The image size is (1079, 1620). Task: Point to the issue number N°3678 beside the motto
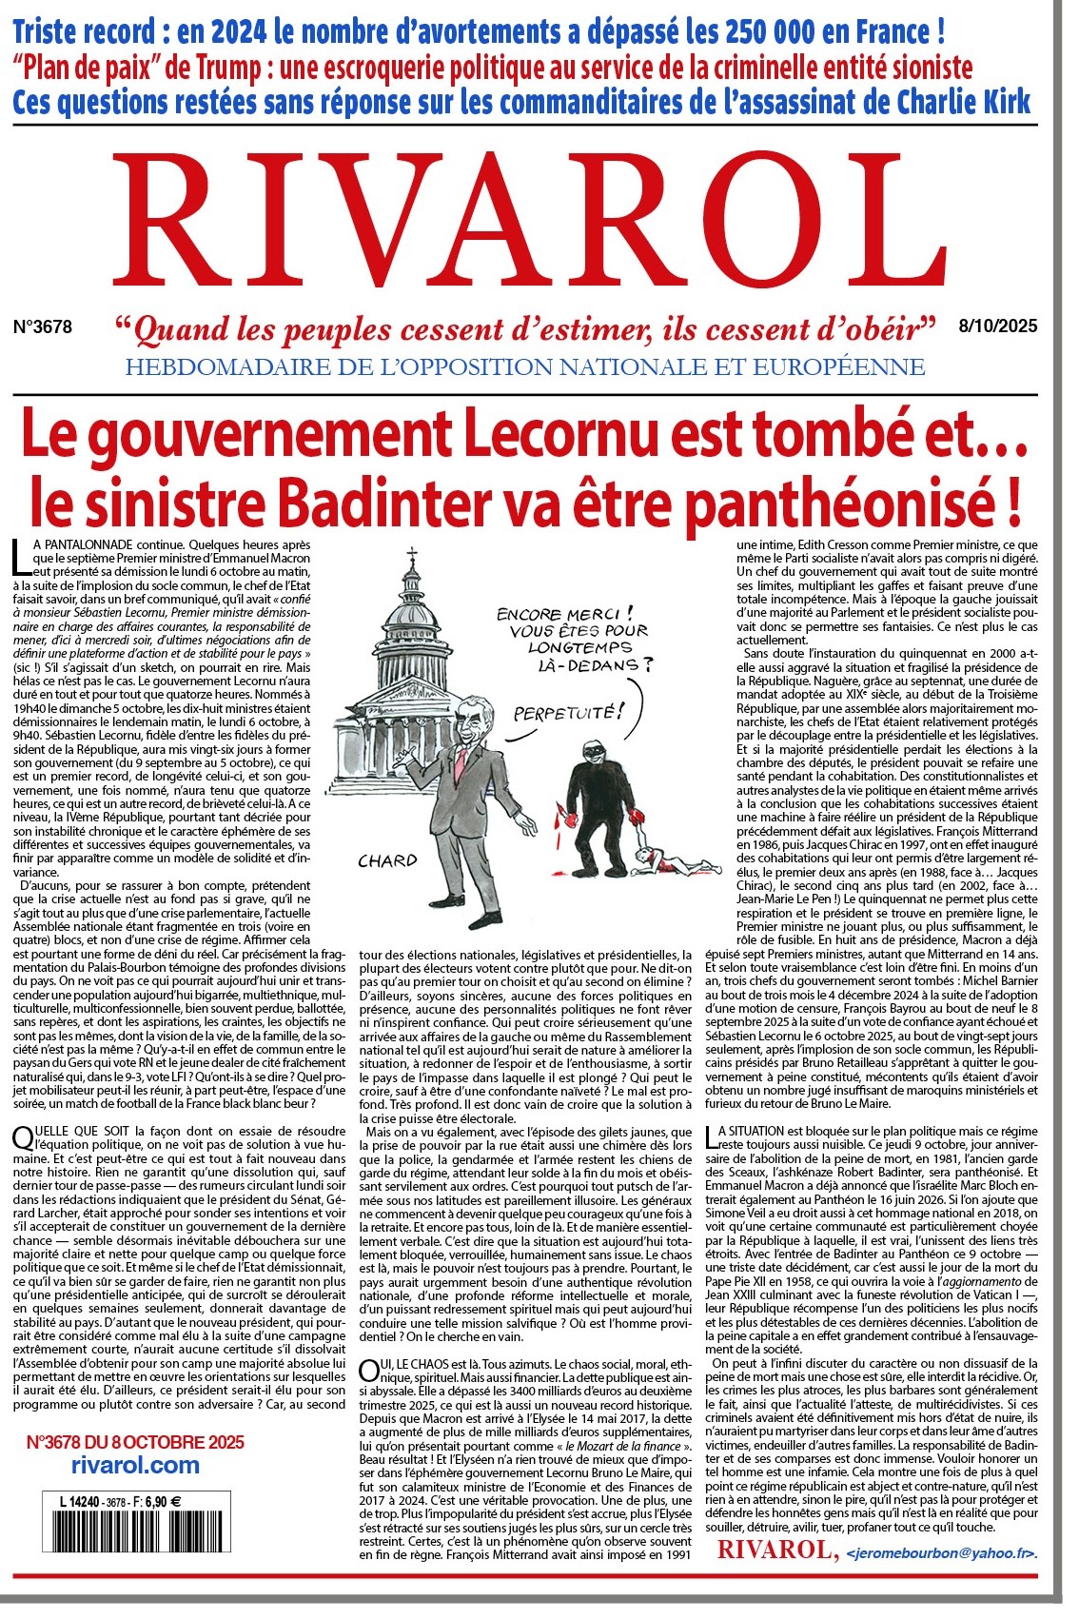pyautogui.click(x=43, y=326)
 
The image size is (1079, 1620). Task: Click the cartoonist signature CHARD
pyautogui.click(x=387, y=861)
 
